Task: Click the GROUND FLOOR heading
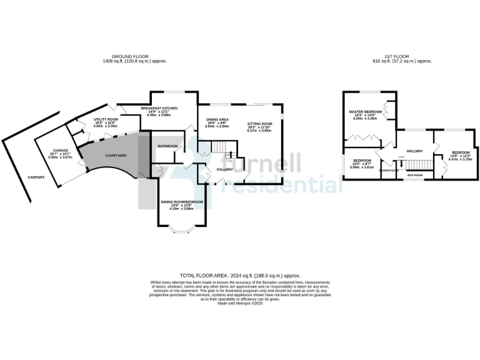pos(134,57)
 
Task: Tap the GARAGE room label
pos(60,151)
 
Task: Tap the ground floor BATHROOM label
pos(167,146)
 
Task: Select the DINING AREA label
pos(217,119)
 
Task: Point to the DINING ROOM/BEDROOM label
pos(182,201)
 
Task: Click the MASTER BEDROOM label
pos(364,111)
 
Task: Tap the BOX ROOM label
pos(415,176)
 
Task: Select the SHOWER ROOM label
pos(389,169)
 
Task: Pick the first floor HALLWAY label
pos(415,151)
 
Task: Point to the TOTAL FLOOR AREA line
pos(240,275)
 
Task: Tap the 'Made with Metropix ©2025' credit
pos(240,303)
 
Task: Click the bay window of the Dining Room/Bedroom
pos(180,232)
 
